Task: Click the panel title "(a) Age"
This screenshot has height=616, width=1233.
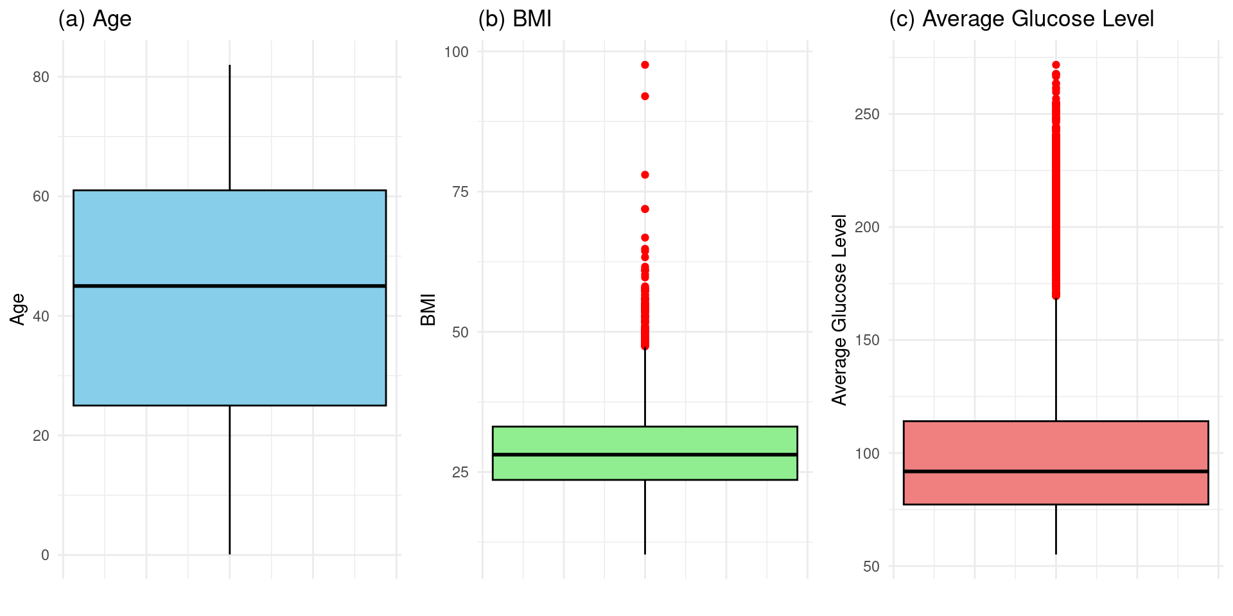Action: coord(94,19)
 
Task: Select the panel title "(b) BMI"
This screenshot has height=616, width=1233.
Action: coord(514,19)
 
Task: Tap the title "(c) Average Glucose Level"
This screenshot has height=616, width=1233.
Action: coord(1021,19)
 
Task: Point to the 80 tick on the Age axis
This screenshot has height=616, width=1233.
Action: coord(40,77)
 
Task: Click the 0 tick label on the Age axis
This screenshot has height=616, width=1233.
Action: coord(45,555)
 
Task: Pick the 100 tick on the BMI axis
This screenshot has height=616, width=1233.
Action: coord(457,51)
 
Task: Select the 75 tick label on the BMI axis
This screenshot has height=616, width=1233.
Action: coord(460,192)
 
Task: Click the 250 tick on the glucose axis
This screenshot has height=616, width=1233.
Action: coord(867,114)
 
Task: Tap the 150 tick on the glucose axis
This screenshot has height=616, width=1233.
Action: coord(867,340)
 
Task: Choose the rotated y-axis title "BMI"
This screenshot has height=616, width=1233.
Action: coord(428,309)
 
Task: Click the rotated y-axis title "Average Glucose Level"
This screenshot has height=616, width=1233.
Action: coord(839,309)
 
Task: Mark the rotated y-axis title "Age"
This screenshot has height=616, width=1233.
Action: coord(18,309)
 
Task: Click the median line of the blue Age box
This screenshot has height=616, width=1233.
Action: coord(229,286)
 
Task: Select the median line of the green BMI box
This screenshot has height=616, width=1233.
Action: coord(645,454)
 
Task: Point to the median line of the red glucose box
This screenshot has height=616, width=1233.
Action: coord(1056,472)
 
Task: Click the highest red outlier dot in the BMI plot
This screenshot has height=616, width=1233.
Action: coord(645,65)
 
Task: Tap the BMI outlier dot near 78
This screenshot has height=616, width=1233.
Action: coord(645,175)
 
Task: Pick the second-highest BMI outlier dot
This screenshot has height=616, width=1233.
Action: coord(645,96)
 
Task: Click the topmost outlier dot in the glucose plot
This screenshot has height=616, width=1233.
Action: coord(1056,65)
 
